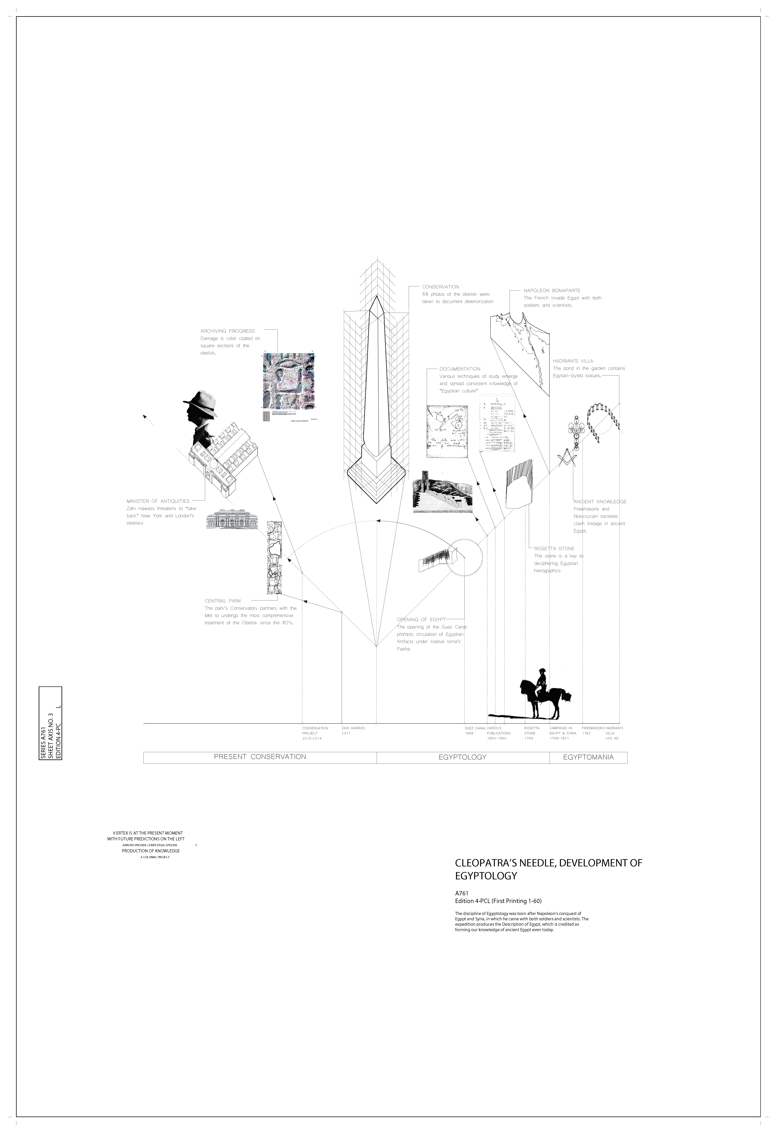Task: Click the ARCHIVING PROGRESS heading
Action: click(228, 331)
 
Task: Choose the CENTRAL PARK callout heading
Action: click(223, 601)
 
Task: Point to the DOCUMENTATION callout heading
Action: click(460, 369)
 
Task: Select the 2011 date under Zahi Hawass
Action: click(346, 733)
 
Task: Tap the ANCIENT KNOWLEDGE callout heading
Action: click(600, 502)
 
